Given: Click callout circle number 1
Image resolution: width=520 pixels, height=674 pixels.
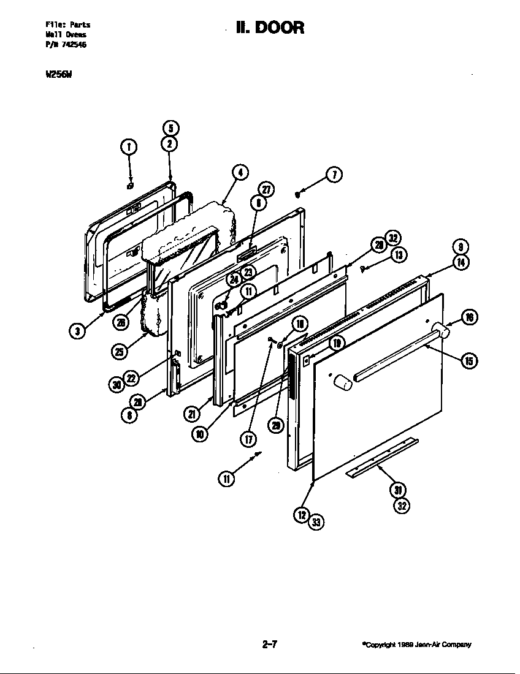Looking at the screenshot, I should tap(129, 146).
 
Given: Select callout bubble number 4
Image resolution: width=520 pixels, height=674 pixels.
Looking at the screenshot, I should tap(240, 173).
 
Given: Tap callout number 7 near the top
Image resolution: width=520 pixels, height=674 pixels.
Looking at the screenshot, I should tap(334, 174).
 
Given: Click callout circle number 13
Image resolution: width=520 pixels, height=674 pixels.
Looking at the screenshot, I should tap(398, 255).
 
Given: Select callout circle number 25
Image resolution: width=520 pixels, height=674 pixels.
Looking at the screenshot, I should tap(119, 351).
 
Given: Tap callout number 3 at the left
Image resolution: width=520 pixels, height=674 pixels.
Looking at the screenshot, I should tap(77, 331).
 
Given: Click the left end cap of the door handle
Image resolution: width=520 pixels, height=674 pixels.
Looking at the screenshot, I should tap(342, 383).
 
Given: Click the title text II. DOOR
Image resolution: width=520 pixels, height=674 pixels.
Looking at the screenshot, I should tap(270, 28).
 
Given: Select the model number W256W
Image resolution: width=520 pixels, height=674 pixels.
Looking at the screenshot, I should tap(55, 76).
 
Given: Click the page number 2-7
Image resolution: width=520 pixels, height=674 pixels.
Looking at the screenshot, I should tap(270, 644).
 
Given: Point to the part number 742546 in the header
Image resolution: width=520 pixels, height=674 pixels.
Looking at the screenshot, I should tap(74, 44).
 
